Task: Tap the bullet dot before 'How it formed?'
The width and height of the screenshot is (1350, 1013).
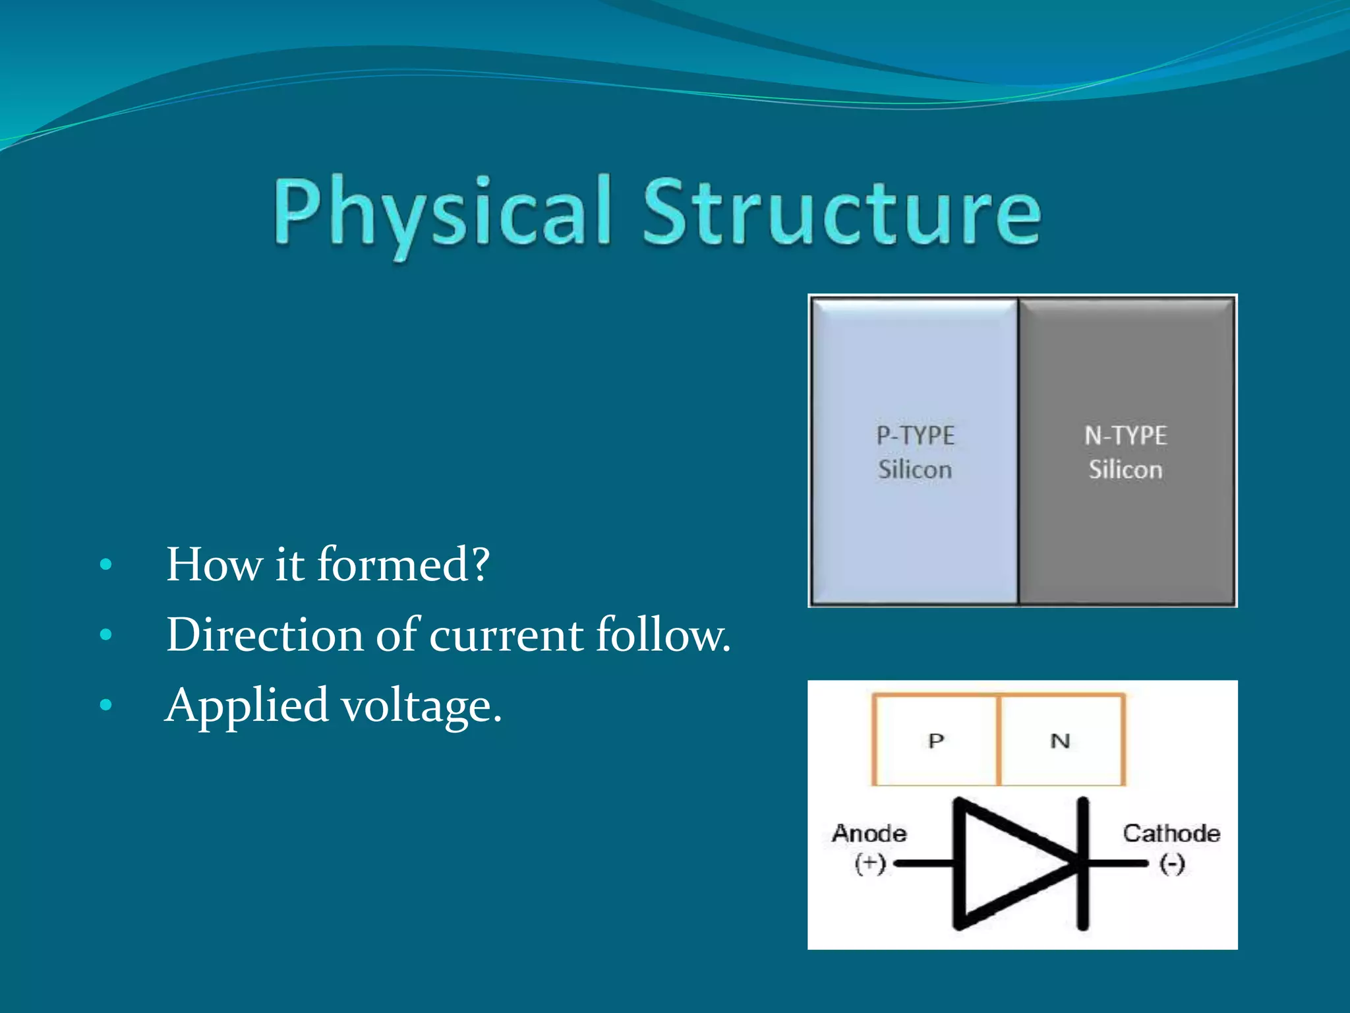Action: [105, 565]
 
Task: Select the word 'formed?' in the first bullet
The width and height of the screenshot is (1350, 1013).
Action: [403, 565]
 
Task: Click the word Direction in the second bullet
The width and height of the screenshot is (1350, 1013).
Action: [265, 635]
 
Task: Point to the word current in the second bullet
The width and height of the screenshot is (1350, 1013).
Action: [506, 635]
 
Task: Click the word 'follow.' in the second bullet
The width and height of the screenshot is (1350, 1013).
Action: [663, 635]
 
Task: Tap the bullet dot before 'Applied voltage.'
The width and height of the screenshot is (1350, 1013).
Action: [105, 706]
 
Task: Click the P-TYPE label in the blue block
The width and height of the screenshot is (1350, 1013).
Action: [915, 436]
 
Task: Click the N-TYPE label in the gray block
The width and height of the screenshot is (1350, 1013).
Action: [1125, 436]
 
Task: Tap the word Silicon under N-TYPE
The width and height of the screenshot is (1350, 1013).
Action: [1125, 470]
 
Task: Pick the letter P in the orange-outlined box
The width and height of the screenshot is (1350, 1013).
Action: [936, 741]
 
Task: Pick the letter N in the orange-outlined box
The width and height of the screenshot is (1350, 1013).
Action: [1060, 741]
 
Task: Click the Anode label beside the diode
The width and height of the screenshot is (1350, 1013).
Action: [869, 834]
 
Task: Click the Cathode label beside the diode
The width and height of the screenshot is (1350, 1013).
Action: [1171, 834]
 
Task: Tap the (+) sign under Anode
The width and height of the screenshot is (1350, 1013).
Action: [869, 863]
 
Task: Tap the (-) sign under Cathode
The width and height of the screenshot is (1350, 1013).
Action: [1172, 863]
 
